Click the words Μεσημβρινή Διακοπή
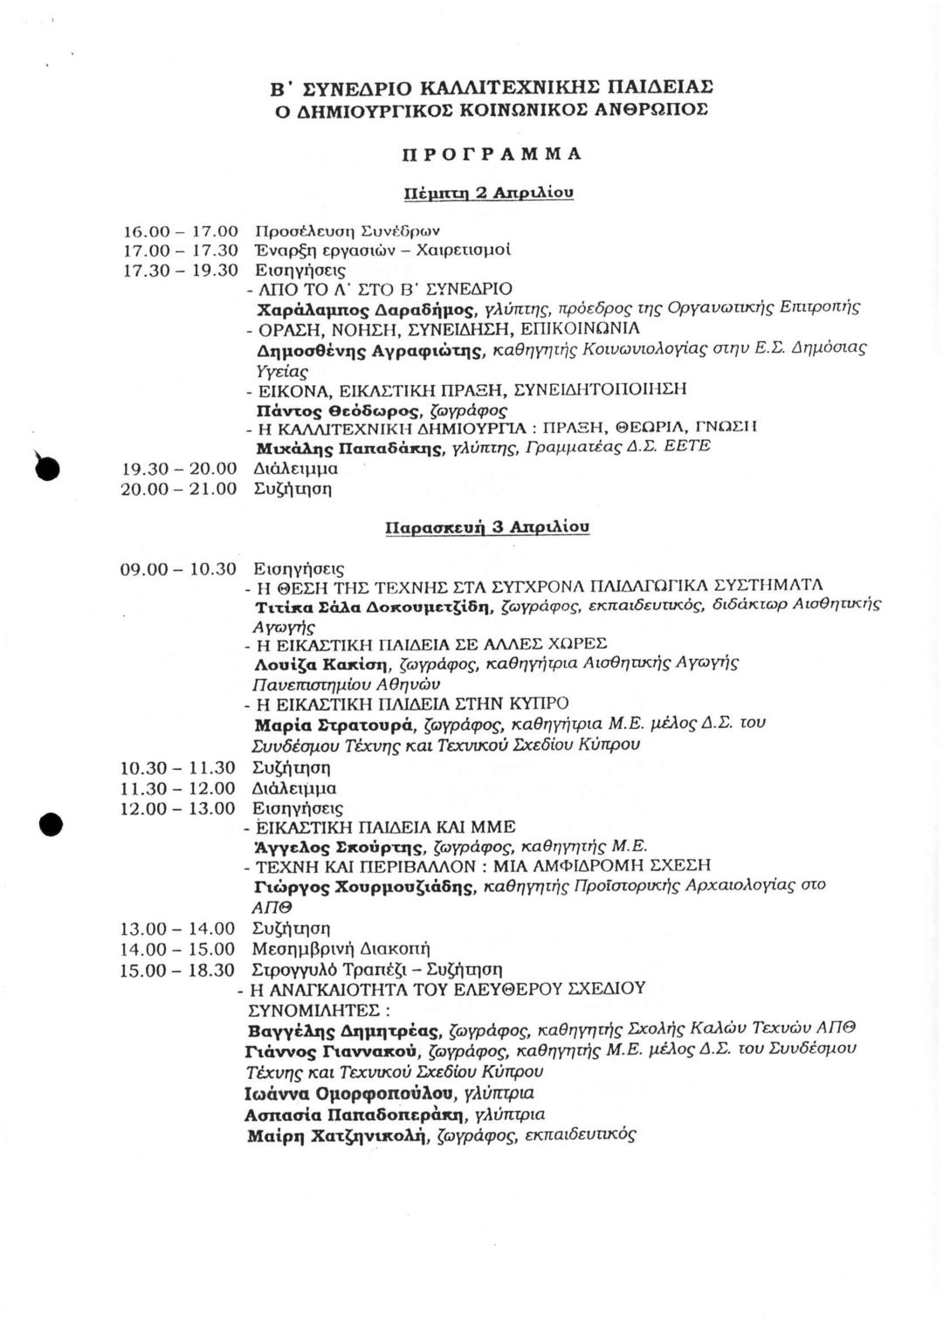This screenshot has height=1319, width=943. (x=341, y=949)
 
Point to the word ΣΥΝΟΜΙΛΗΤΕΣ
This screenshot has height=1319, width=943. (x=320, y=1010)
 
